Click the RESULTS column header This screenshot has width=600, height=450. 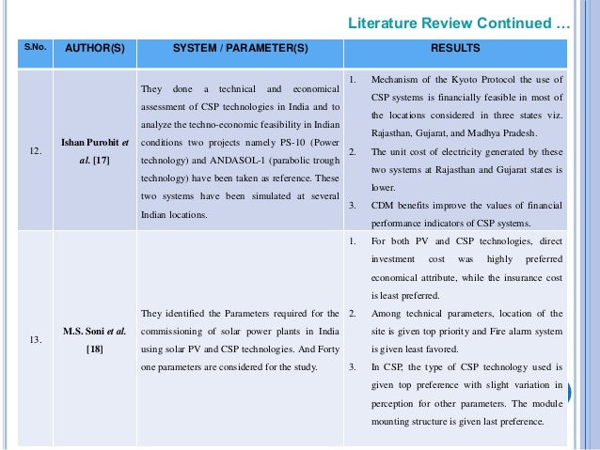click(x=455, y=47)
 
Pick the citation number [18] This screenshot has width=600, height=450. click(x=95, y=349)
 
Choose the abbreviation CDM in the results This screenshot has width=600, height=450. click(x=387, y=205)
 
